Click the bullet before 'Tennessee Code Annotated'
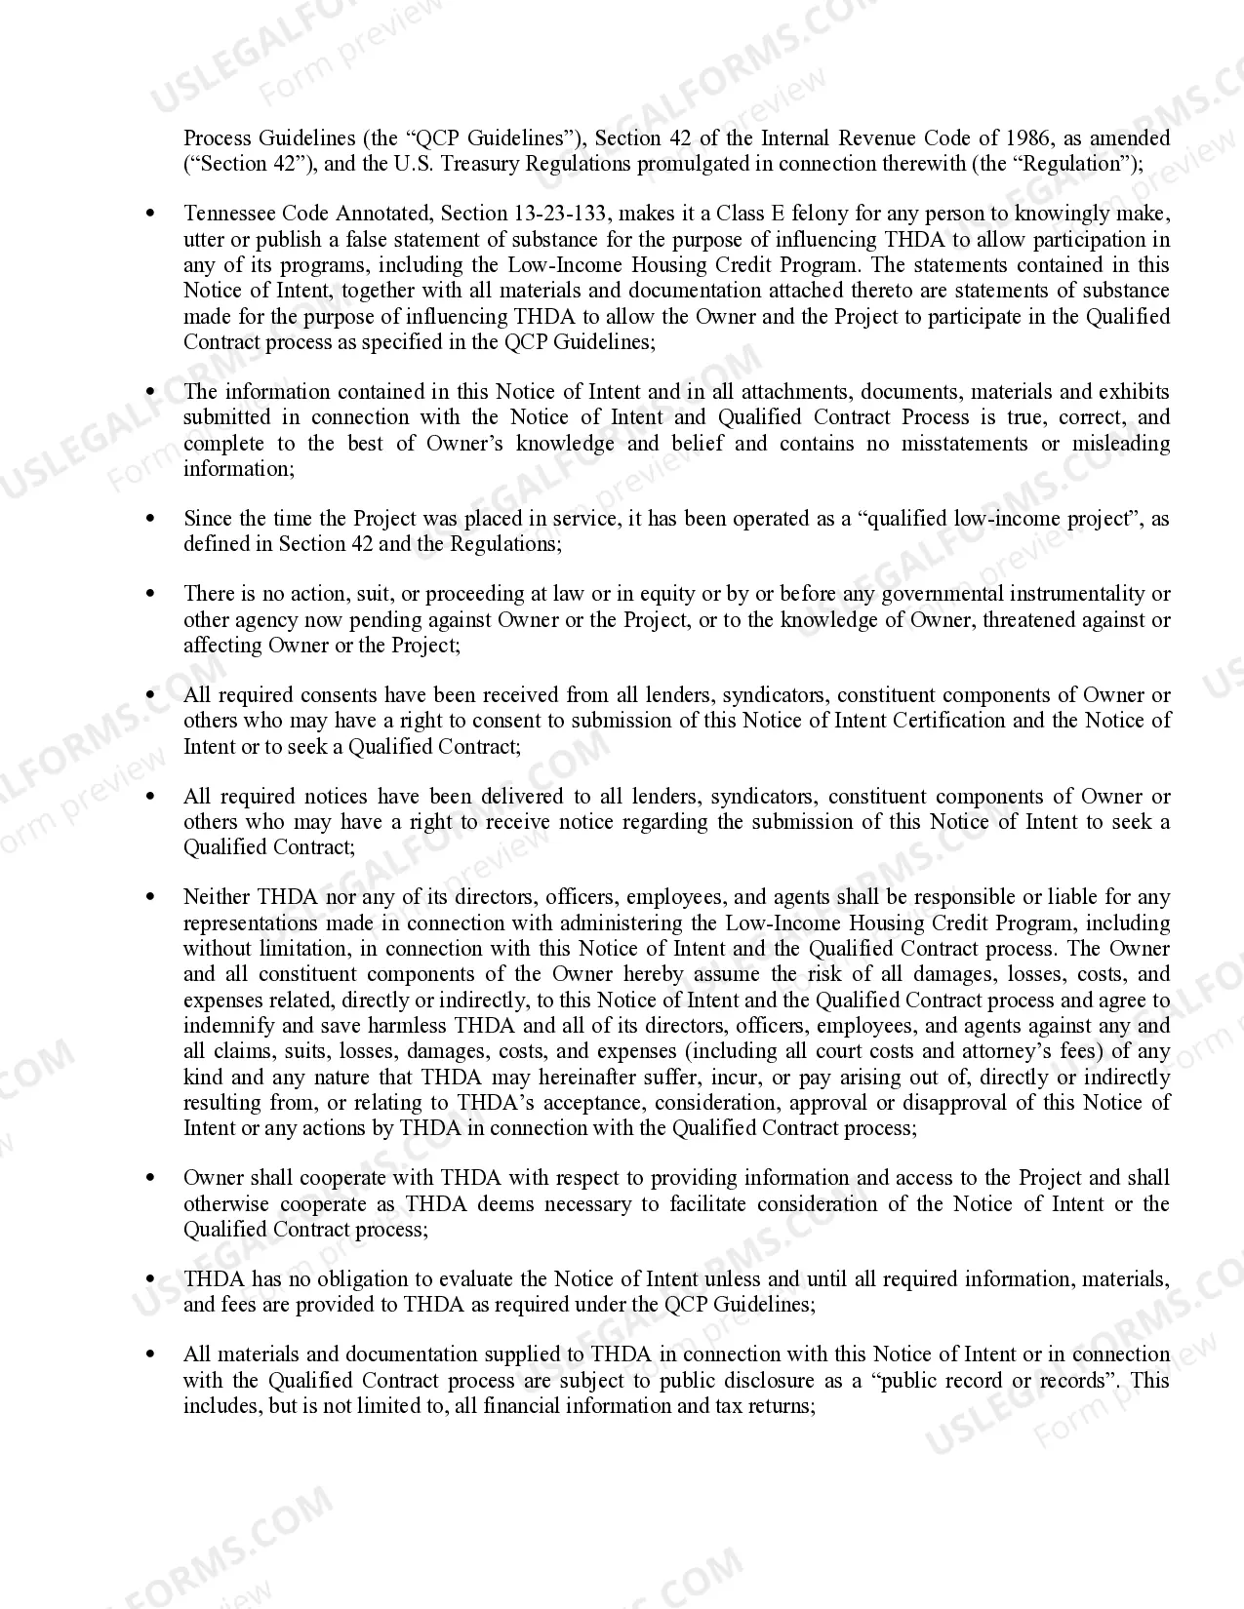click(149, 214)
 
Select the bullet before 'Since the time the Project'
click(149, 519)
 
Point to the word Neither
click(217, 897)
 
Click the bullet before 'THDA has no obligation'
click(149, 1279)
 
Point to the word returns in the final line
click(781, 1406)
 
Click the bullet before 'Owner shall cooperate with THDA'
click(149, 1178)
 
